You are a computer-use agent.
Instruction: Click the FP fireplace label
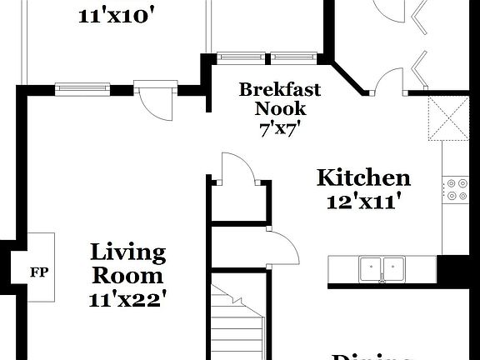pos(38,272)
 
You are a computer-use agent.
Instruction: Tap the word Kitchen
pos(363,177)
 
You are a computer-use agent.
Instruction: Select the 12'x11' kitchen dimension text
pos(363,201)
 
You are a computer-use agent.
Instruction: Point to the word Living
pos(128,252)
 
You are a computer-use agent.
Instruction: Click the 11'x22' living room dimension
pos(128,300)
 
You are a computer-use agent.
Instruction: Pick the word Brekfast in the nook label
pos(280,89)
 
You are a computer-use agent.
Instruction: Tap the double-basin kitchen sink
pos(382,269)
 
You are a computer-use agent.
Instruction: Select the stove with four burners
pos(456,190)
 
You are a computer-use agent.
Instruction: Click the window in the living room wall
pos(82,89)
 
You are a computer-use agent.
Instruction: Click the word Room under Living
pos(128,276)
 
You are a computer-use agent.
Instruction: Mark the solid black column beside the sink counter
pos(453,269)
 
